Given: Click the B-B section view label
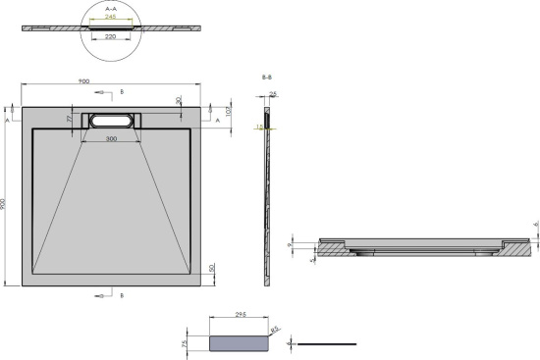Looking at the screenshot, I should tap(267, 76).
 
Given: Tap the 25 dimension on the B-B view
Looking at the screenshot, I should tap(274, 94).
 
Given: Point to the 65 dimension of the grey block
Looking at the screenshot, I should tap(276, 332).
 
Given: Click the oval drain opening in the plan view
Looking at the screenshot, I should tap(115, 121).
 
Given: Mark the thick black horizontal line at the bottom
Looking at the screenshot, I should tap(326, 344).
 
